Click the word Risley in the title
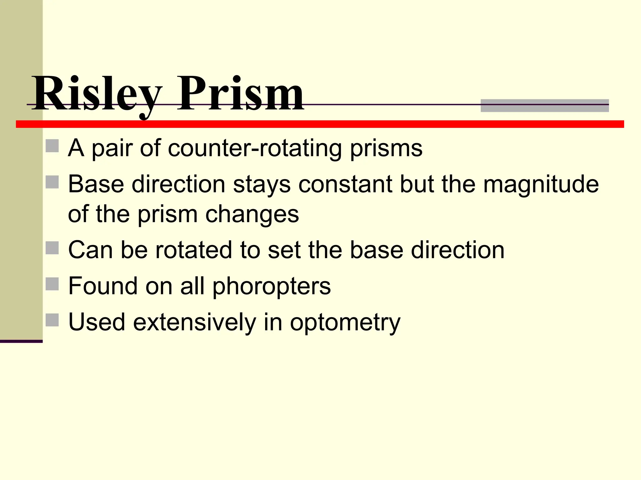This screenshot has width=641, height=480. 97,94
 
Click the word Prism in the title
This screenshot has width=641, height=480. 240,94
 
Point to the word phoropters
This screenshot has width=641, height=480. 271,286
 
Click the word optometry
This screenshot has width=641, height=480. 345,322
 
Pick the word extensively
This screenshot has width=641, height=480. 195,322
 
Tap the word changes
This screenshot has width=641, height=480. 252,214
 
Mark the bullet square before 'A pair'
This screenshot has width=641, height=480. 52,146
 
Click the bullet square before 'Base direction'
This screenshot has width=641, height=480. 52,182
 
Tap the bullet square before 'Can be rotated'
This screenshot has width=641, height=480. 52,248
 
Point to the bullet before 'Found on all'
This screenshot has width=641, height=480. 52,284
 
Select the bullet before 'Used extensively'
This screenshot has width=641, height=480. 52,320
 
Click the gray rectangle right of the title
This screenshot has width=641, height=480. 545,106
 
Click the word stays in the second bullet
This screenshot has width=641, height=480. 262,184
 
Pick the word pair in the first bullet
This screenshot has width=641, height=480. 112,148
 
